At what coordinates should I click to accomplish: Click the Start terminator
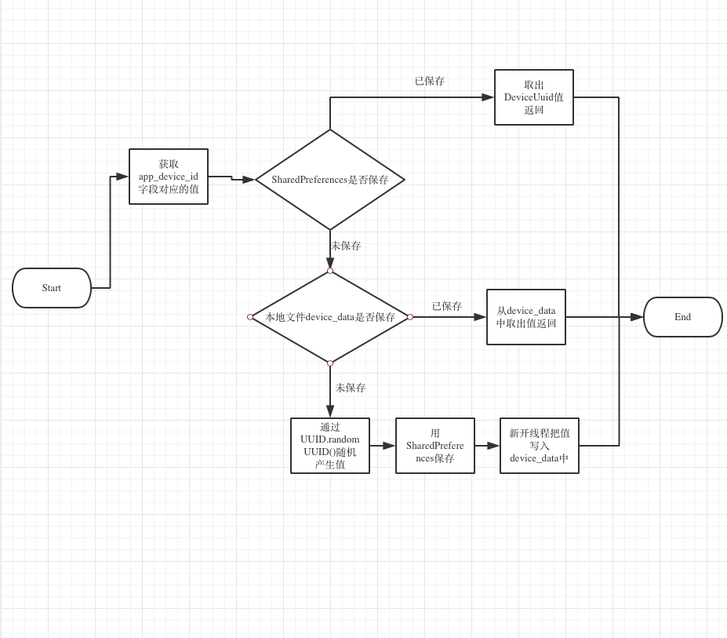point(52,288)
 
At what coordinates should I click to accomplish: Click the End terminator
point(682,317)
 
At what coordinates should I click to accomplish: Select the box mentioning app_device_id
point(169,177)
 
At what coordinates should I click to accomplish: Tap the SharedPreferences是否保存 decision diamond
point(330,180)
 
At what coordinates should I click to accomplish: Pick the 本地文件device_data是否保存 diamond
point(330,317)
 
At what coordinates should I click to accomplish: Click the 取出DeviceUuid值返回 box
point(534,97)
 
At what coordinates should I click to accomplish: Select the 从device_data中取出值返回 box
point(526,317)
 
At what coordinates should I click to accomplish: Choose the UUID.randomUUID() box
point(330,446)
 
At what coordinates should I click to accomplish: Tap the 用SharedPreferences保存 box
point(435,446)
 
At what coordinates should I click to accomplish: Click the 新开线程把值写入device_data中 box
point(540,446)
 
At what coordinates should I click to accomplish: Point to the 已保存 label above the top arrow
point(430,81)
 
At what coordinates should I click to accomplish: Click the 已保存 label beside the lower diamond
point(447,306)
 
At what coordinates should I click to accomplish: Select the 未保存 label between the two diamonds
point(346,246)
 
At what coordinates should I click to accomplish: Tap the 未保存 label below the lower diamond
point(351,388)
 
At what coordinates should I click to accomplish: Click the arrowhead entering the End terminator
point(637,317)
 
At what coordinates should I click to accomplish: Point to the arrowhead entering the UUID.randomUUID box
point(330,410)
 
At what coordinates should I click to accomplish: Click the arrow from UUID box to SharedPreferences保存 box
point(383,446)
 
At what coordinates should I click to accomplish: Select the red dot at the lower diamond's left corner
point(250,317)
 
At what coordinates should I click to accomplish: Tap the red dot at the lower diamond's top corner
point(330,271)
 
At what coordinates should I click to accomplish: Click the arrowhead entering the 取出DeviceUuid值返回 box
point(488,97)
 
